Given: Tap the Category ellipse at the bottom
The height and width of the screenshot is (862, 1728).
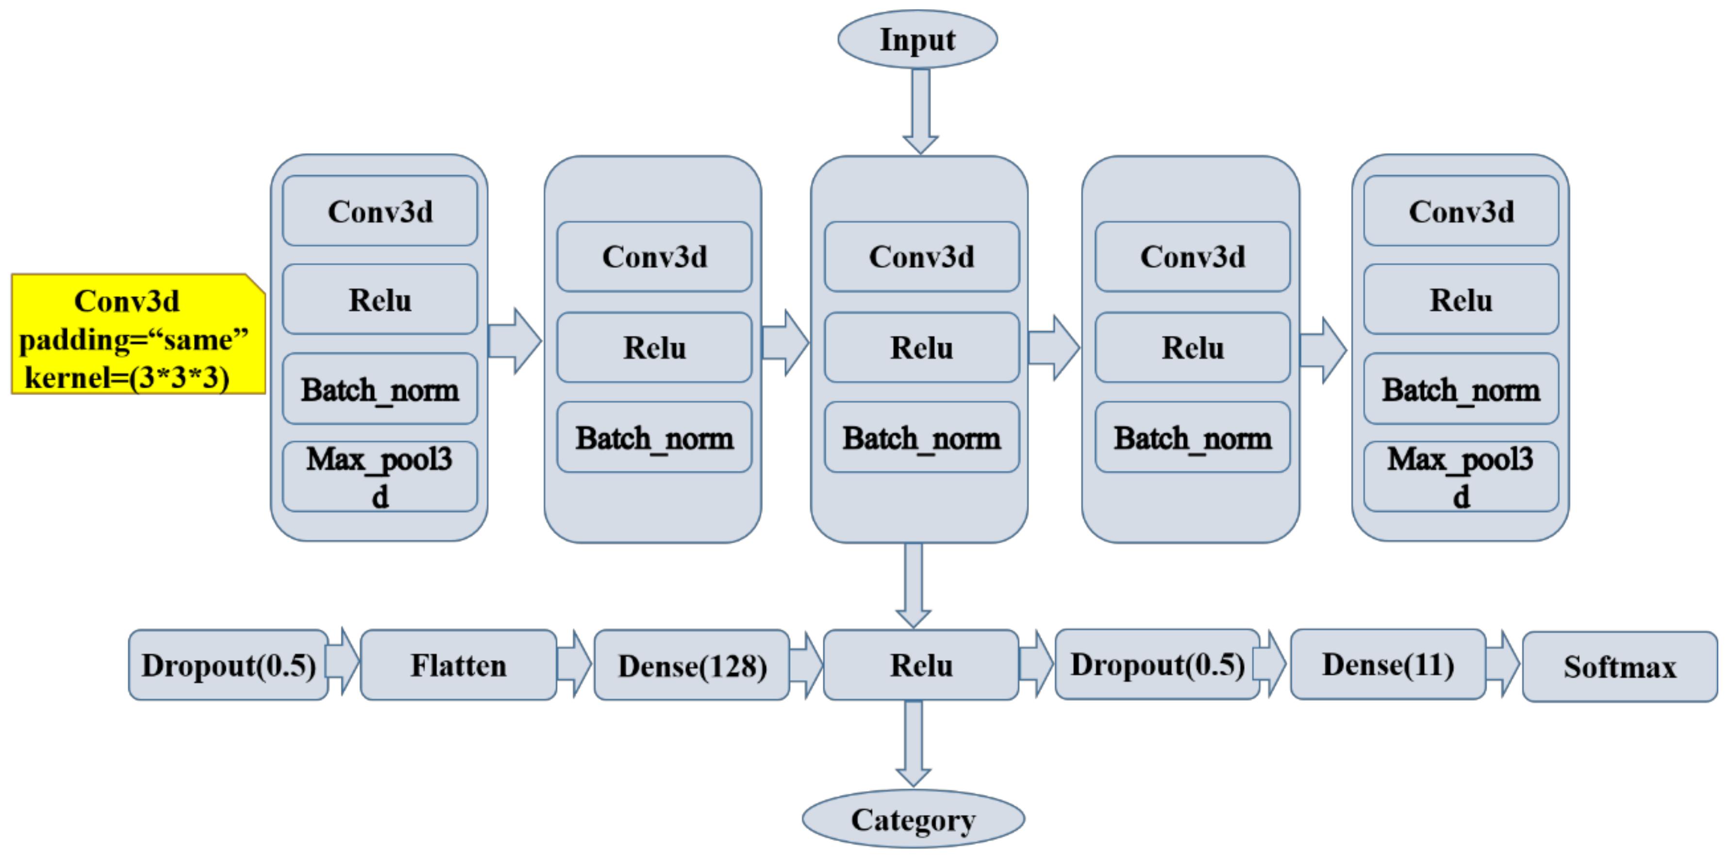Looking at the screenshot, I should tap(913, 819).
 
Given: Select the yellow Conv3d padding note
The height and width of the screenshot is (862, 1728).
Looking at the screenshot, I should tap(137, 334).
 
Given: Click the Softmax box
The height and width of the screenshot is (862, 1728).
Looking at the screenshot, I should tap(1619, 667).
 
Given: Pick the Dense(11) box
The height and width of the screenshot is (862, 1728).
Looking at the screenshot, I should tap(1387, 665).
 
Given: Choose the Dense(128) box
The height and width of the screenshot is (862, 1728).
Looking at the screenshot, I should tap(692, 665).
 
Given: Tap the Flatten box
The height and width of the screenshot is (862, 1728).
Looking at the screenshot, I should tap(458, 665).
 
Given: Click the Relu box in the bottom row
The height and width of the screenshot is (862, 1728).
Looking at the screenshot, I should tap(920, 665).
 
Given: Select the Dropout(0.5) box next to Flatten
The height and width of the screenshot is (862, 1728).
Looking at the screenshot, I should tap(228, 665).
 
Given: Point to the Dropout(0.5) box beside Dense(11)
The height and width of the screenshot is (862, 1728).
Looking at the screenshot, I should tap(1157, 665).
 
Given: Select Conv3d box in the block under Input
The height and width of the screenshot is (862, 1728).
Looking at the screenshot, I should tap(921, 257).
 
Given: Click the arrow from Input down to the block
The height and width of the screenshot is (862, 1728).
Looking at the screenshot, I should tap(920, 111).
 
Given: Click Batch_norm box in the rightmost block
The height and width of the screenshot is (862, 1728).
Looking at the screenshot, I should tap(1461, 390).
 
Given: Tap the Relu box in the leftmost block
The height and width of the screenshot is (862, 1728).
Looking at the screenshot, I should tap(380, 300).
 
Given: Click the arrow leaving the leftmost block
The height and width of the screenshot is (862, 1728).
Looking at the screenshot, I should tap(515, 341).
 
